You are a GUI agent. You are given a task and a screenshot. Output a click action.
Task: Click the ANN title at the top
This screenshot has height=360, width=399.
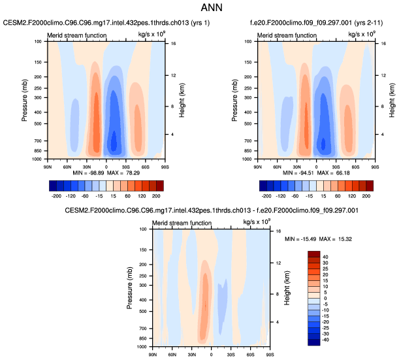pos(199,10)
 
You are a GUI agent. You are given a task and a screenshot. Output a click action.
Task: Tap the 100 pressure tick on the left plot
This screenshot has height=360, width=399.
pos(38,41)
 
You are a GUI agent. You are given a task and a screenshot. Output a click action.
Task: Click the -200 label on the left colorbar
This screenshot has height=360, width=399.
pos(56,196)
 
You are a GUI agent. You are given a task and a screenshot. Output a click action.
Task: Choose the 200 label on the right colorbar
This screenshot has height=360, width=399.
pos(366,196)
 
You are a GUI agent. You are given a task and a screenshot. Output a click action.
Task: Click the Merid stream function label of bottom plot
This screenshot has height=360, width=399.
pos(180,223)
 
